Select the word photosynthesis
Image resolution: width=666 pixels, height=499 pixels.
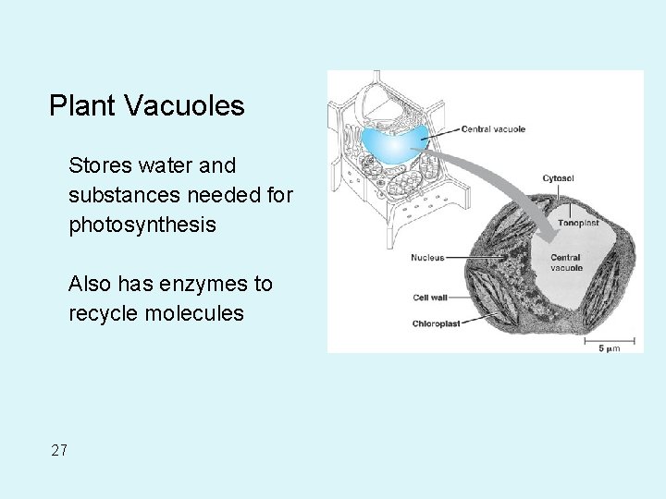pyautogui.click(x=142, y=225)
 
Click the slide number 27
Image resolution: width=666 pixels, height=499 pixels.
pyautogui.click(x=59, y=451)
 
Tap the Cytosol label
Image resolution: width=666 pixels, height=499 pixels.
pyautogui.click(x=558, y=178)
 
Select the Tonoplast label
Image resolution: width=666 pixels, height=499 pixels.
pyautogui.click(x=578, y=223)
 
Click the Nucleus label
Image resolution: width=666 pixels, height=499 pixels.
pyautogui.click(x=427, y=258)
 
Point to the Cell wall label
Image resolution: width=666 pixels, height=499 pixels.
pyautogui.click(x=430, y=298)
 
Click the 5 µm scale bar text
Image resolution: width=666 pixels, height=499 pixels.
pyautogui.click(x=608, y=347)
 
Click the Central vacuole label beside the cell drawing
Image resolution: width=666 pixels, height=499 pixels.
pyautogui.click(x=493, y=129)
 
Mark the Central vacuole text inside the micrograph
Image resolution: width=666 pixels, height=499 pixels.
pyautogui.click(x=565, y=262)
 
